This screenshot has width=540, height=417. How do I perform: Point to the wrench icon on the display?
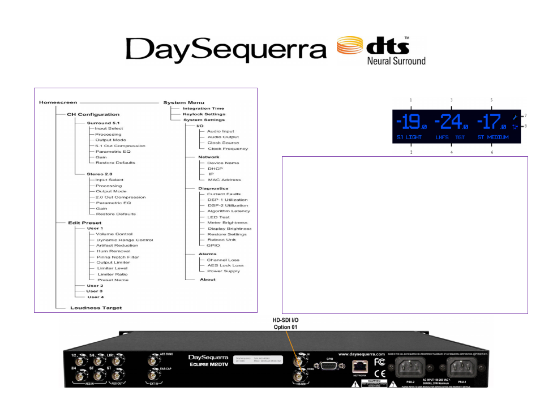tap(515, 127)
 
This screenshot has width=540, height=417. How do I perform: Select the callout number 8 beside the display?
tap(525, 126)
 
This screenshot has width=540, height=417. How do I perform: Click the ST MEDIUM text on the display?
tap(494, 137)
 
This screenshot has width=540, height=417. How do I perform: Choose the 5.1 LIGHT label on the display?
tap(409, 137)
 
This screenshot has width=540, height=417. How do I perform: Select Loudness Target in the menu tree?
tap(96, 308)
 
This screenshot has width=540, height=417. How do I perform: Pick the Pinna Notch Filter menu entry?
tap(117, 257)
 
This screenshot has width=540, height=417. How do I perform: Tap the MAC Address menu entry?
tap(224, 180)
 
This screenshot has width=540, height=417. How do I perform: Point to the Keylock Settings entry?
tap(204, 114)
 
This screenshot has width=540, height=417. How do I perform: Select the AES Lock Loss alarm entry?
tap(225, 265)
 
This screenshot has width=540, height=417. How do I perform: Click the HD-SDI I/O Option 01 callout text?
tap(286, 324)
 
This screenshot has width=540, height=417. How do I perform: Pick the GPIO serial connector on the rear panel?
tap(329, 366)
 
